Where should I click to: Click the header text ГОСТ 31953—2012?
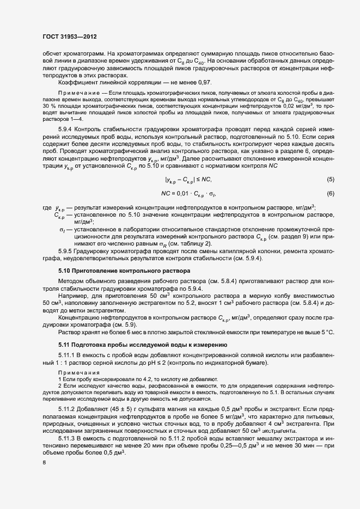pos(70,36)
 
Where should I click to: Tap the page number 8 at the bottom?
pos(45,463)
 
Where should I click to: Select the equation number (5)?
pos(330,179)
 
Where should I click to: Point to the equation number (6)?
pos(330,194)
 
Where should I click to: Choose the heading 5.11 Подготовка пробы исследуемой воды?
pos(144,345)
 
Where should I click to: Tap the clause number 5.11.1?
pos(68,355)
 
